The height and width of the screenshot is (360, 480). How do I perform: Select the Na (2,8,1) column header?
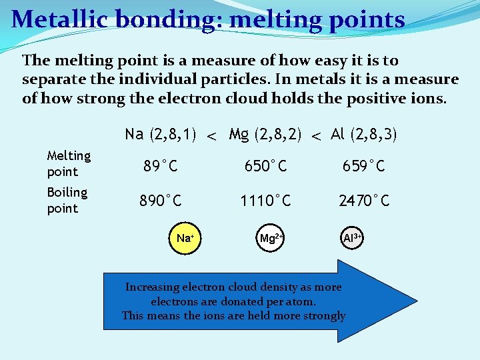(x=160, y=135)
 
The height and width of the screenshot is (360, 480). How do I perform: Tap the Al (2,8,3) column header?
(x=364, y=135)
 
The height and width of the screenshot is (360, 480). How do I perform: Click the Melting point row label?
(x=69, y=163)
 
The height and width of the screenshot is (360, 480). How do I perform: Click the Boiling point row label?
(x=67, y=200)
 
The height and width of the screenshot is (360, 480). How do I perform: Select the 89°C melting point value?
(x=160, y=166)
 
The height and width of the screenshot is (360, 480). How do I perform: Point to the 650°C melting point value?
(x=265, y=166)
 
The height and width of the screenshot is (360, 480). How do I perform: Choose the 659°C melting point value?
(x=364, y=166)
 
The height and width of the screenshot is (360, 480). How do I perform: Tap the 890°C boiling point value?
(x=160, y=201)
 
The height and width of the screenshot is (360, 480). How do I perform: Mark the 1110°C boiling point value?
(x=265, y=201)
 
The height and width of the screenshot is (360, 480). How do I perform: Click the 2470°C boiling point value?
(x=364, y=201)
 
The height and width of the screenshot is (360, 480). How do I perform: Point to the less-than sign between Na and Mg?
(x=211, y=137)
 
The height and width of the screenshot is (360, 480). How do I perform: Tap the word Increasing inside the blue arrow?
(x=153, y=287)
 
